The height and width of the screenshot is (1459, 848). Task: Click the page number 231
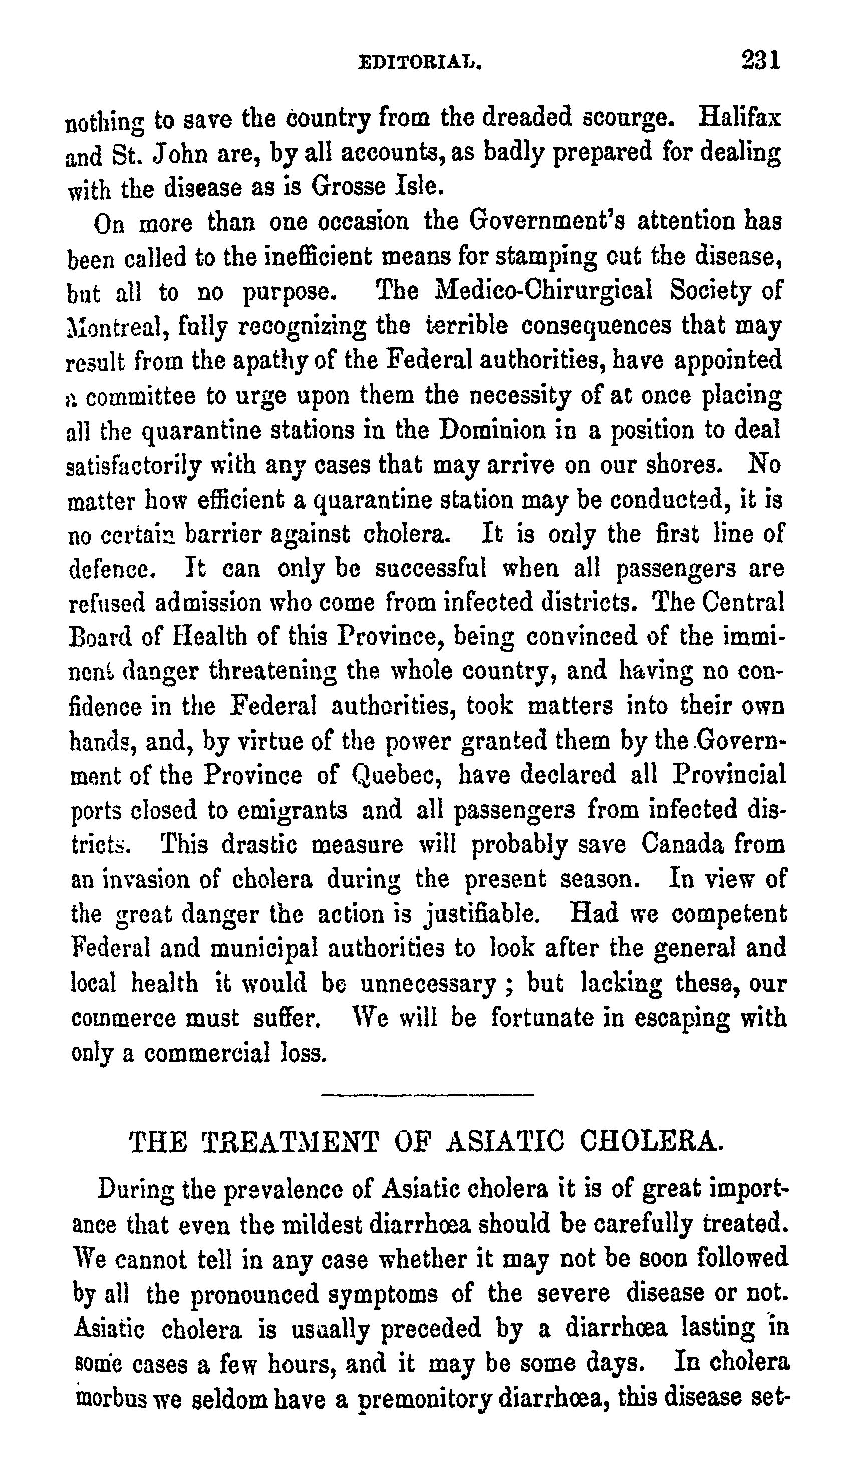[x=760, y=60]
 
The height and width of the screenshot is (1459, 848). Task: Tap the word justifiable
[x=482, y=914]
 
